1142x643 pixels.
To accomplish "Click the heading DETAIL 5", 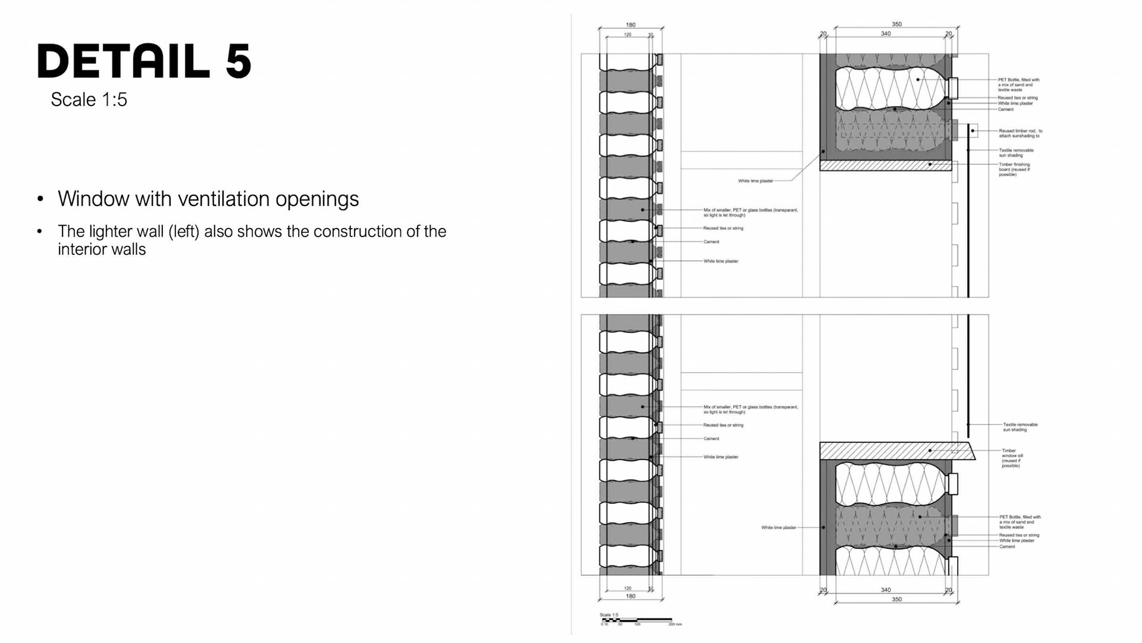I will tap(145, 61).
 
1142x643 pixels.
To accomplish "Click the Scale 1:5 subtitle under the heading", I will tap(89, 99).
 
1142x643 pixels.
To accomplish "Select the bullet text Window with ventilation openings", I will tap(208, 199).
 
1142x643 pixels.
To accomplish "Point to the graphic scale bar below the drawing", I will tap(636, 620).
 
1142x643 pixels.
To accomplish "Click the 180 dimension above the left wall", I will tap(630, 25).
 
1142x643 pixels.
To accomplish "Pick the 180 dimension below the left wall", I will tap(630, 596).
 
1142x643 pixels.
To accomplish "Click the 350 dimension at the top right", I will tap(896, 24).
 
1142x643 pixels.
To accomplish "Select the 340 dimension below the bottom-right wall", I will tap(886, 590).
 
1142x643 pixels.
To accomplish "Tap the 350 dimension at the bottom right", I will tap(896, 600).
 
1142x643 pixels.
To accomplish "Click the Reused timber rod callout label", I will tap(1020, 133).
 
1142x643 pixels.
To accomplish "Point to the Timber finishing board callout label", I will tap(1014, 170).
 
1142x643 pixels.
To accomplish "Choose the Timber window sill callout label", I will tap(1012, 458).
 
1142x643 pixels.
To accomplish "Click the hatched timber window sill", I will tap(892, 451).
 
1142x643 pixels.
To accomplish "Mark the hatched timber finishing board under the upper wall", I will tap(886, 166).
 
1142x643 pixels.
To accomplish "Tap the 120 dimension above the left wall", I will tap(628, 35).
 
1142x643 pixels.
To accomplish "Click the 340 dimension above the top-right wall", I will tap(886, 34).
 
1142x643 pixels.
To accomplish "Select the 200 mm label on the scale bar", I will tap(675, 625).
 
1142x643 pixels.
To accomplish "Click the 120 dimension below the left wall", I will tap(628, 588).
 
